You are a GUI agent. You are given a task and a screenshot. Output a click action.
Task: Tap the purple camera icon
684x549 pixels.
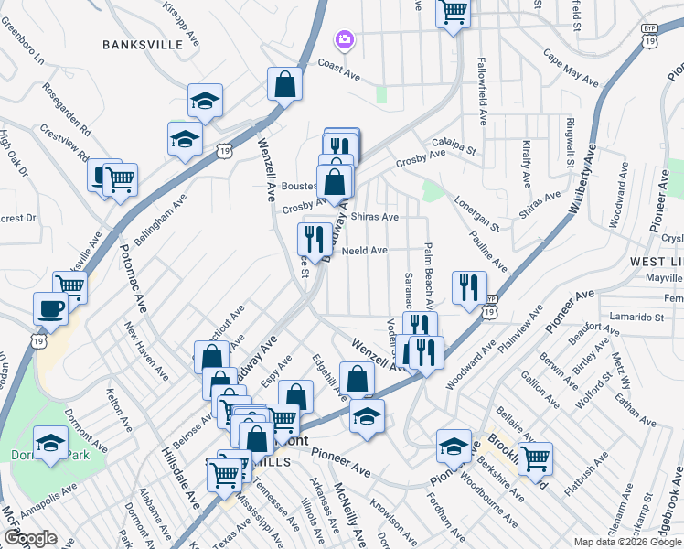[x=344, y=39]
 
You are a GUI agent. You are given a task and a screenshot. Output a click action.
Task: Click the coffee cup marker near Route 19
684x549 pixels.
[x=49, y=307]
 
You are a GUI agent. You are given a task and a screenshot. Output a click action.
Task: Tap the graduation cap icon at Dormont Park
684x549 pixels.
[x=50, y=445]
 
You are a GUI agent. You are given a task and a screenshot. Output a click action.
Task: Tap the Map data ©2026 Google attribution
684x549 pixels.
[x=627, y=542]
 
